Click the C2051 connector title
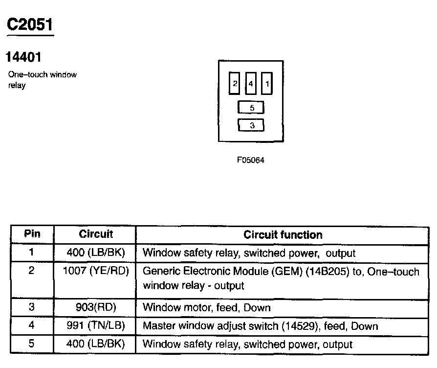pyautogui.click(x=30, y=24)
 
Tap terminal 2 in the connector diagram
pyautogui.click(x=235, y=84)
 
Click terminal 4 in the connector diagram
pyautogui.click(x=251, y=84)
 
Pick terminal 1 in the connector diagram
pyautogui.click(x=266, y=84)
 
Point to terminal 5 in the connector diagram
pyautogui.click(x=251, y=108)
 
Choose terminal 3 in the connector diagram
pyautogui.click(x=251, y=125)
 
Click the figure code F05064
pyautogui.click(x=251, y=160)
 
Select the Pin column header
pyautogui.click(x=32, y=234)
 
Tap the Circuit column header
pyautogui.click(x=96, y=234)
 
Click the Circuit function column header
pyautogui.click(x=283, y=235)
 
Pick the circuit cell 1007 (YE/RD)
pyautogui.click(x=96, y=271)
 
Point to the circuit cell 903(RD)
pyautogui.click(x=96, y=308)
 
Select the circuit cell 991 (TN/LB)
pyautogui.click(x=96, y=326)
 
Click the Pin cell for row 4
pyautogui.click(x=32, y=326)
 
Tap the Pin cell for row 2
pyautogui.click(x=32, y=271)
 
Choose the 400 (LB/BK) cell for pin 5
pyautogui.click(x=96, y=344)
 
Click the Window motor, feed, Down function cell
pyautogui.click(x=206, y=308)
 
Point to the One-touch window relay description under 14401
pyautogui.click(x=43, y=80)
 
